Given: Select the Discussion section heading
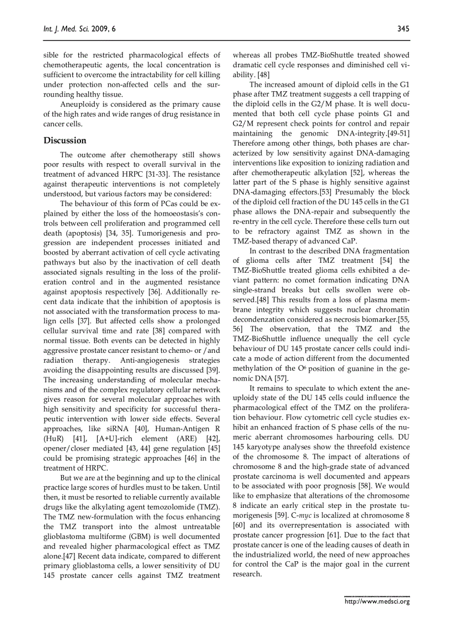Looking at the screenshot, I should [x=65, y=141].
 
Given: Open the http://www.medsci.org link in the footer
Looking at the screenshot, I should [x=377, y=601].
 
